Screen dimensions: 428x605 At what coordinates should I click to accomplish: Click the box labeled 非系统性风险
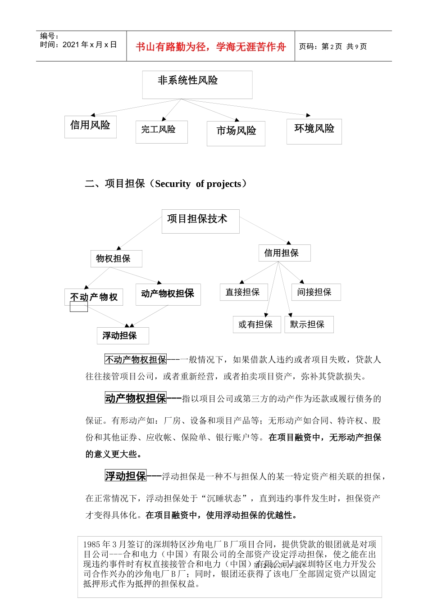[197, 84]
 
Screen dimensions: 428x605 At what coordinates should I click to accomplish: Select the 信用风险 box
[90, 126]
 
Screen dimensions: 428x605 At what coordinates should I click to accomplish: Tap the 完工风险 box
[161, 131]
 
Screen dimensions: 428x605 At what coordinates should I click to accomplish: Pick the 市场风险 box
[236, 133]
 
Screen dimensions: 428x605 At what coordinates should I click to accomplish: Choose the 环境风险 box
[314, 131]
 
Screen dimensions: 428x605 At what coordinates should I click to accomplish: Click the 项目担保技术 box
[200, 221]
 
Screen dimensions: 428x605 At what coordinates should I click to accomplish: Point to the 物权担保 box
[116, 259]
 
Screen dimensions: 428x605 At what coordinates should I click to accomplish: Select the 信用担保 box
[284, 253]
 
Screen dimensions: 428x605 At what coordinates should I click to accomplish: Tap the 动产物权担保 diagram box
[168, 294]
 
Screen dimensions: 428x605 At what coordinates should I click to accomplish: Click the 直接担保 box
[244, 292]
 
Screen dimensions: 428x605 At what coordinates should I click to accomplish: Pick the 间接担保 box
[316, 292]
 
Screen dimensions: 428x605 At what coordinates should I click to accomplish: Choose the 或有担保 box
[257, 324]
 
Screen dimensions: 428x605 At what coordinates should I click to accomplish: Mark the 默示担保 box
[309, 324]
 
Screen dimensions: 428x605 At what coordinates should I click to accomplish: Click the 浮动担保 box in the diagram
[123, 335]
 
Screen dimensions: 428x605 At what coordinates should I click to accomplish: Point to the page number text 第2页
[332, 46]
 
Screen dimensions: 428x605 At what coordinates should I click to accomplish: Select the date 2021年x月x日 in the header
[90, 45]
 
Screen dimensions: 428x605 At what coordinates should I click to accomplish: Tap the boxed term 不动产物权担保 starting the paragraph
[136, 359]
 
